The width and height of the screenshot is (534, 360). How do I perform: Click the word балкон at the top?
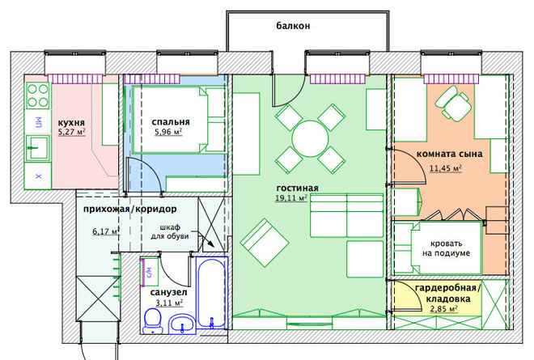tap(293, 26)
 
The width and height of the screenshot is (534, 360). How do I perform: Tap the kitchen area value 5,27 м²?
tap(71, 132)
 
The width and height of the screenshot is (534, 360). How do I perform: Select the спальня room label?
tap(171, 122)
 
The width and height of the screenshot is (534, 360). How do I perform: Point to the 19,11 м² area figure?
tap(291, 198)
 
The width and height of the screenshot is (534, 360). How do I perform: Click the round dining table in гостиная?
tap(310, 138)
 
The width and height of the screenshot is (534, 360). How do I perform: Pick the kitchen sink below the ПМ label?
tap(38, 148)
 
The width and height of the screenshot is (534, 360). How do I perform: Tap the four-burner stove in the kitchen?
tap(38, 95)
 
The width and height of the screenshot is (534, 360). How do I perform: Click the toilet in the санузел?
tap(153, 321)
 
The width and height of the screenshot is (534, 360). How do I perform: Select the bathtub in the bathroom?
tap(211, 294)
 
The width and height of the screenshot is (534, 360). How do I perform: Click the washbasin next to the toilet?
tap(182, 324)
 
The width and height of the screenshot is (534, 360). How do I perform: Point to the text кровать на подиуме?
tap(446, 248)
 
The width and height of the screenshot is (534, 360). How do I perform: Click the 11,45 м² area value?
tap(446, 168)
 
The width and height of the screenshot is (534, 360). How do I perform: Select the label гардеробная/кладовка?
tap(448, 293)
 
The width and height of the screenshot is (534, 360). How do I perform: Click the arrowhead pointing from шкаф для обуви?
tap(211, 244)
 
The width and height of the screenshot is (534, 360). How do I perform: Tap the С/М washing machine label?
tap(149, 272)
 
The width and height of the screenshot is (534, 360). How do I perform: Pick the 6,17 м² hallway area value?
tap(105, 231)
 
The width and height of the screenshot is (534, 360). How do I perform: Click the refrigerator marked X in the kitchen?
tap(38, 176)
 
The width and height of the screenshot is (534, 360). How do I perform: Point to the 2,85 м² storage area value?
tap(443, 309)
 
